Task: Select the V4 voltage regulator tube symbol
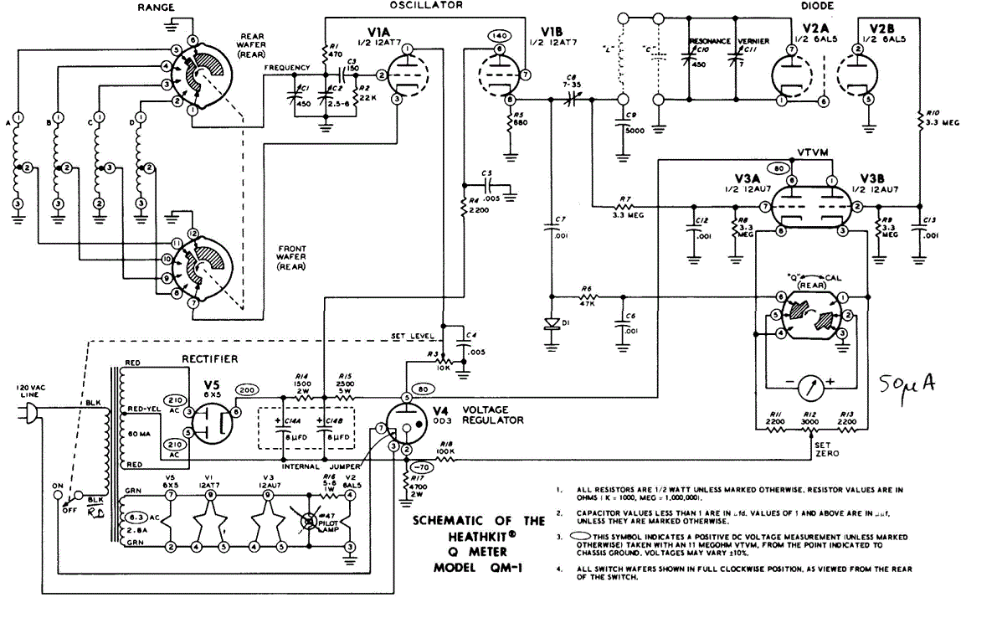(407, 424)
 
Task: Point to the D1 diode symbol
(552, 325)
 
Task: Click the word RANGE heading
(159, 7)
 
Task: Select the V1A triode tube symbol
(405, 75)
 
